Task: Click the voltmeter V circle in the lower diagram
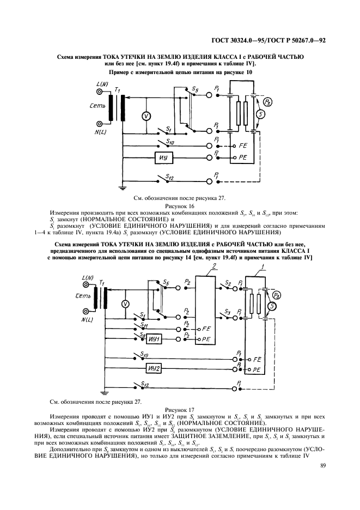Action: pyautogui.click(x=125, y=304)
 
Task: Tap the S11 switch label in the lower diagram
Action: pyautogui.click(x=143, y=325)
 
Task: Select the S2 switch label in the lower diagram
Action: pyautogui.click(x=228, y=284)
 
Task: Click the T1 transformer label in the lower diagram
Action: pyautogui.click(x=103, y=283)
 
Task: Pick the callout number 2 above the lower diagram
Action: pyautogui.click(x=216, y=266)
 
